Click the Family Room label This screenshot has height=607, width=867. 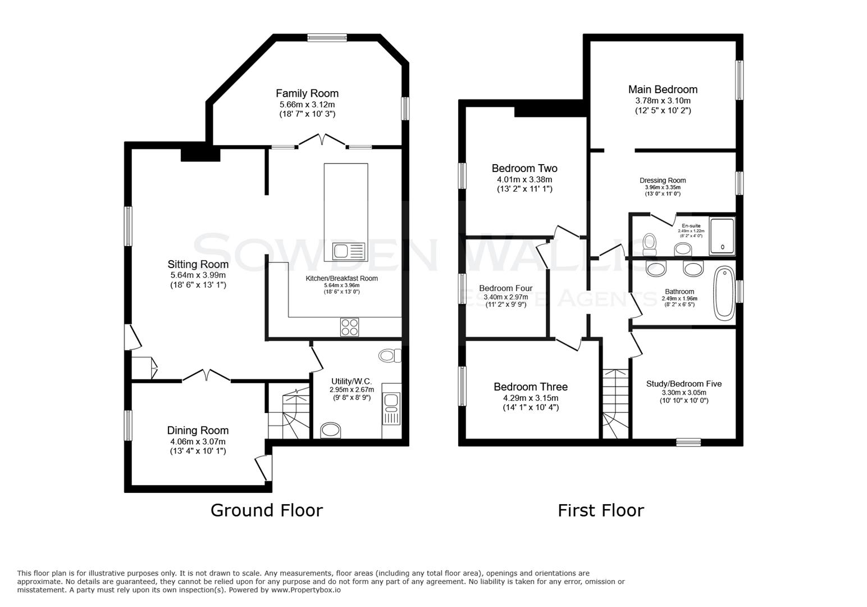pos(307,93)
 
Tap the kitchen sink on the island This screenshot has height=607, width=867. pos(348,251)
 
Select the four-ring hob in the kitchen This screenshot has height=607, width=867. pos(349,327)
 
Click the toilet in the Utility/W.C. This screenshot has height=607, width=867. pos(390,355)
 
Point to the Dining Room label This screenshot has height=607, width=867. pos(198,431)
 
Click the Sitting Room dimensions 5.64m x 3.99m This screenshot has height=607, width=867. pos(198,275)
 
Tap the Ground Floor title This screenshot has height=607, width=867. pos(266,510)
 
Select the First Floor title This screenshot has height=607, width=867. pos(600,510)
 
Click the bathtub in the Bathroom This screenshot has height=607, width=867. pos(724,294)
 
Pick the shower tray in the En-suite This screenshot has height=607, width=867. pos(722,235)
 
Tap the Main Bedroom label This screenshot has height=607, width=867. pos(663,89)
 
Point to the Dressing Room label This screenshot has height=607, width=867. pos(663,180)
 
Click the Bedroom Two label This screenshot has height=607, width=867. pos(524,168)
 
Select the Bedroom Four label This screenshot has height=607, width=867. pos(505,288)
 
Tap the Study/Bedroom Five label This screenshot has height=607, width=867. pos(684,384)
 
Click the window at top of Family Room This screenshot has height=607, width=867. pos(327,38)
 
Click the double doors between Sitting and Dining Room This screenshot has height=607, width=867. pos(207,375)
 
